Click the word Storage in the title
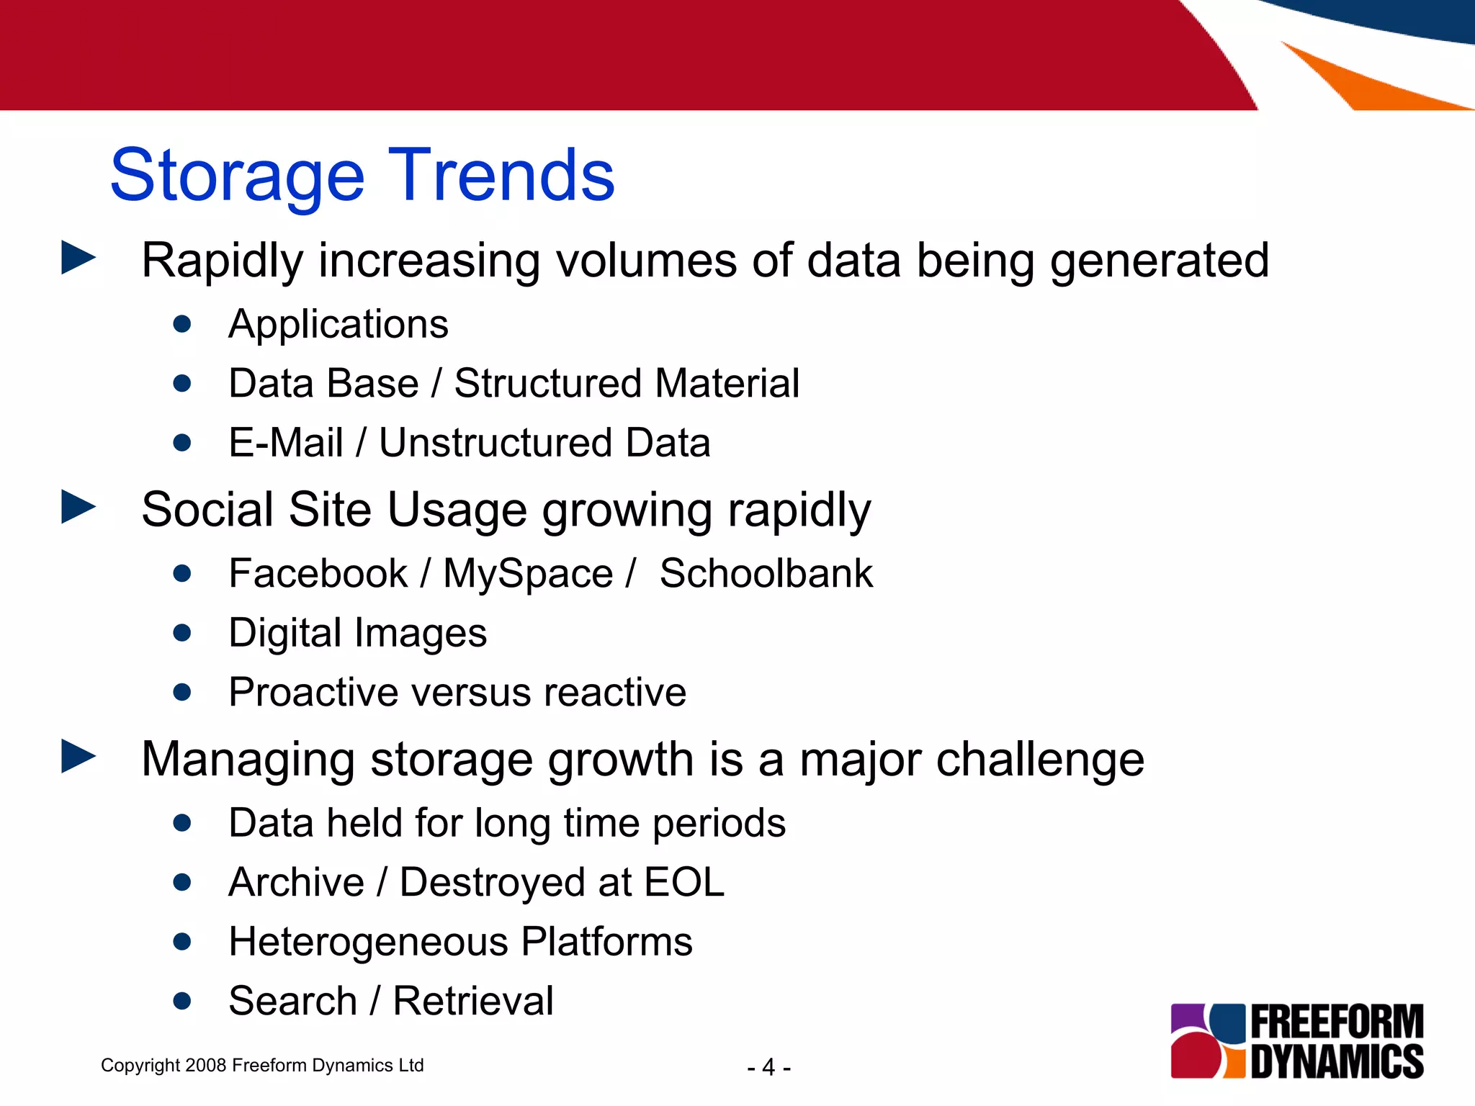238,176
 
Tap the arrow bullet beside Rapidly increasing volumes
79,258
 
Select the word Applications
338,325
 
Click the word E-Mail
285,442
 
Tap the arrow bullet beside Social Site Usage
79,507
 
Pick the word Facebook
318,574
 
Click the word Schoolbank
766,574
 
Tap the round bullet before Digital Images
182,633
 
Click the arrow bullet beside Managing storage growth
79,756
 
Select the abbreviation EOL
683,882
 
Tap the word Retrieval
472,1001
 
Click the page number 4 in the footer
768,1067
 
